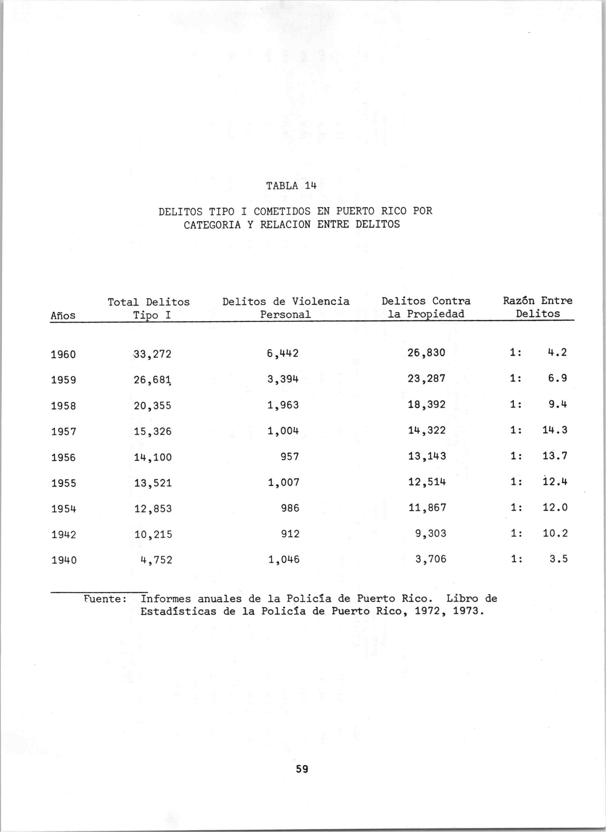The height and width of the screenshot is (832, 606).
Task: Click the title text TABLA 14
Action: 291,186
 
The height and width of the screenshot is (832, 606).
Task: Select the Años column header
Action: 63,315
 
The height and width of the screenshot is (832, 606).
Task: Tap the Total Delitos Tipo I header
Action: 149,308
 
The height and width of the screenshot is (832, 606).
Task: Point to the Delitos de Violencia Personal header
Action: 286,308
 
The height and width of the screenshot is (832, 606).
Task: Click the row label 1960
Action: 63,355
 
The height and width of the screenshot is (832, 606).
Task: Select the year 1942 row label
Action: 63,535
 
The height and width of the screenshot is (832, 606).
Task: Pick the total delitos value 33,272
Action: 152,354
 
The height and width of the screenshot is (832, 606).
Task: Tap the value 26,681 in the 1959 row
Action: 153,380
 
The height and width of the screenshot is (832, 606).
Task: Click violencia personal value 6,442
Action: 283,353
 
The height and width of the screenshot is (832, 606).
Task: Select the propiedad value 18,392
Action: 427,405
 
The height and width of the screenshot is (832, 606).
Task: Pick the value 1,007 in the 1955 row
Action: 283,482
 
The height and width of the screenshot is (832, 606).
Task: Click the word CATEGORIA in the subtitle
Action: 212,224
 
